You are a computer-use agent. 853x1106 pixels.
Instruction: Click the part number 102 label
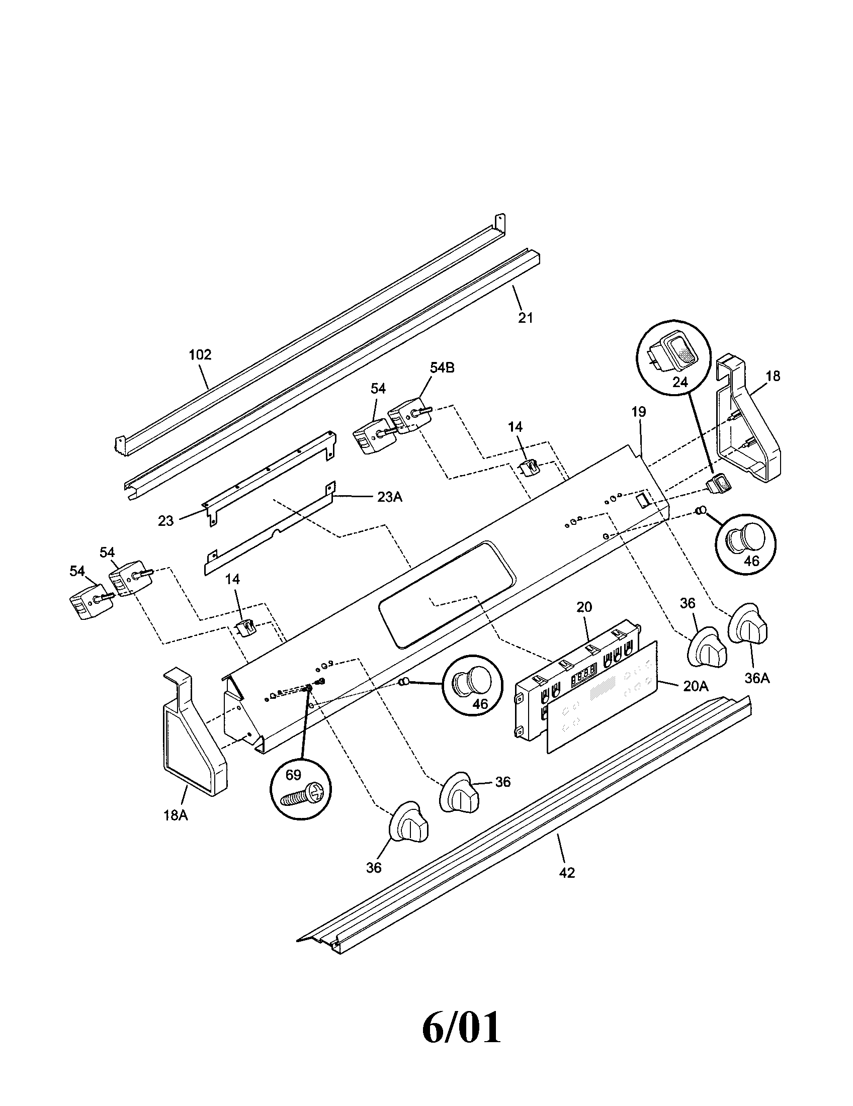(x=200, y=354)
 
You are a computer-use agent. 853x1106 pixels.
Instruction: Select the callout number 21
(x=525, y=318)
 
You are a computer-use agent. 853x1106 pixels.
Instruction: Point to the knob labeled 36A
(x=748, y=624)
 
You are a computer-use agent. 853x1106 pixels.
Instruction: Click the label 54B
(x=442, y=368)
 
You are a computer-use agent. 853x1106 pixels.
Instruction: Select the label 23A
(x=389, y=497)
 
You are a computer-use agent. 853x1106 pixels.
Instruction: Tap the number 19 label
(x=639, y=412)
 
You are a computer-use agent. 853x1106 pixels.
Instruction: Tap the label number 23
(x=165, y=520)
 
